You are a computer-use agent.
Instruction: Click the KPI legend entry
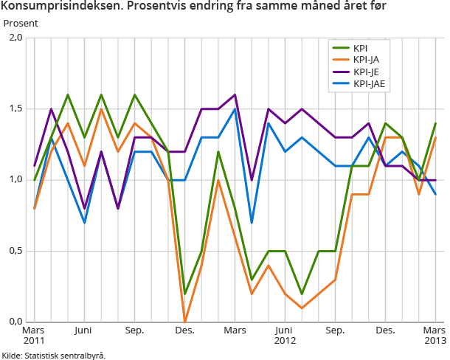pyautogui.click(x=362, y=48)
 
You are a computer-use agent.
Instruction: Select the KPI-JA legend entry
pyautogui.click(x=367, y=60)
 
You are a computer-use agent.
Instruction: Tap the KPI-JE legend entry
pyautogui.click(x=367, y=72)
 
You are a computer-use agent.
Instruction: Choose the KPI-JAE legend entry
pyautogui.click(x=370, y=84)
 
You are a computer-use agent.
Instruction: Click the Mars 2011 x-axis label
pyautogui.click(x=34, y=336)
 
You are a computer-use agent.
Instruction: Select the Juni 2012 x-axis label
pyautogui.click(x=285, y=336)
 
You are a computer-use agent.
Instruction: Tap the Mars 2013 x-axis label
pyautogui.click(x=434, y=336)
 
